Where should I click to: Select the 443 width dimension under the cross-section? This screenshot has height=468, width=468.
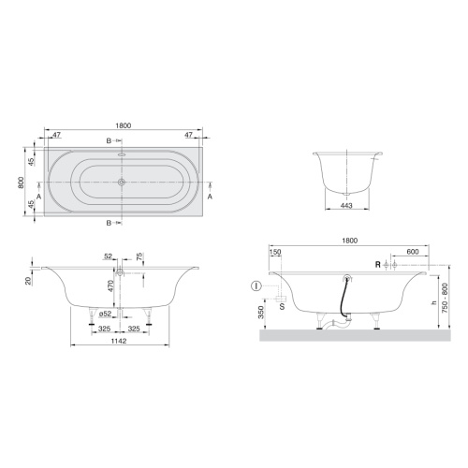pyautogui.click(x=346, y=205)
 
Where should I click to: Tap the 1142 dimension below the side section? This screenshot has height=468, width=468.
pyautogui.click(x=119, y=341)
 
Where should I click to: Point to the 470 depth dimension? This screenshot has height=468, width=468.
pyautogui.click(x=110, y=287)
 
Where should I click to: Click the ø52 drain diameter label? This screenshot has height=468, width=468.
pyautogui.click(x=105, y=314)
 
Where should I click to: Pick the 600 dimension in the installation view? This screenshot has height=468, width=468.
pyautogui.click(x=413, y=252)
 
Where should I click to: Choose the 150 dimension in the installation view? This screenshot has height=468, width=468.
pyautogui.click(x=275, y=252)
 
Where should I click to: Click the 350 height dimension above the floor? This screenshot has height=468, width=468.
pyautogui.click(x=261, y=312)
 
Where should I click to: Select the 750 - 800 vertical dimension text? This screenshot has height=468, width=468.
pyautogui.click(x=445, y=299)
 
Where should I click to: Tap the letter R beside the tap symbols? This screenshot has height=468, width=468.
pyautogui.click(x=378, y=265)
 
